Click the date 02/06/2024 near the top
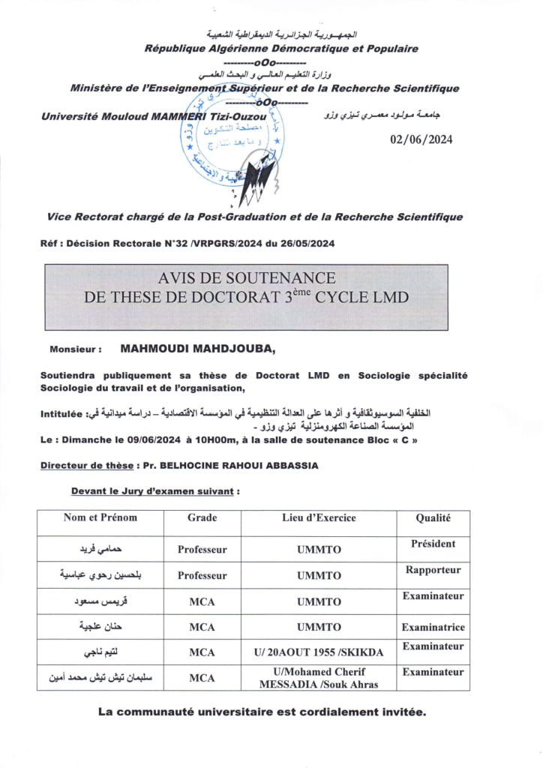(x=421, y=139)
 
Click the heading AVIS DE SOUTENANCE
(x=246, y=278)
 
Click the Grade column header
(x=202, y=517)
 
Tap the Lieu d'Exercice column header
(x=319, y=517)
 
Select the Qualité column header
(x=433, y=517)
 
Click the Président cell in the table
(x=433, y=544)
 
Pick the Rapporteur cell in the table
(x=433, y=570)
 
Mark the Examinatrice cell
(x=433, y=627)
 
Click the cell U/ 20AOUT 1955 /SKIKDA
(x=319, y=652)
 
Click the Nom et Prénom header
(x=100, y=517)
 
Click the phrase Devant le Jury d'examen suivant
(x=155, y=492)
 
